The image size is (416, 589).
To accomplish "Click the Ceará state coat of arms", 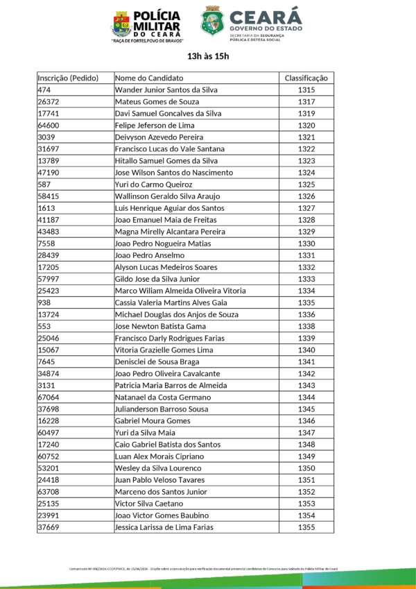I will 212,21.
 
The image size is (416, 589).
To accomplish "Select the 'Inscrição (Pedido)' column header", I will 68,78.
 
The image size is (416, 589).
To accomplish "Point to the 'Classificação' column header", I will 306,78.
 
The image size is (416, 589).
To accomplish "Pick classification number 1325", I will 306,185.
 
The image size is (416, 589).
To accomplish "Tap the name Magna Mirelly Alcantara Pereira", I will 170,232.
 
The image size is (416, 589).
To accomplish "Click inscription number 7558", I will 46,244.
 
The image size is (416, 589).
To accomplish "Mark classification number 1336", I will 306,314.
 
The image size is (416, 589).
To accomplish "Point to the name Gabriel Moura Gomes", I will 153,421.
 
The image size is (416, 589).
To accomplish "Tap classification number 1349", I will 306,456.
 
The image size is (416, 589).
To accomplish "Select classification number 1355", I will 306,527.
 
